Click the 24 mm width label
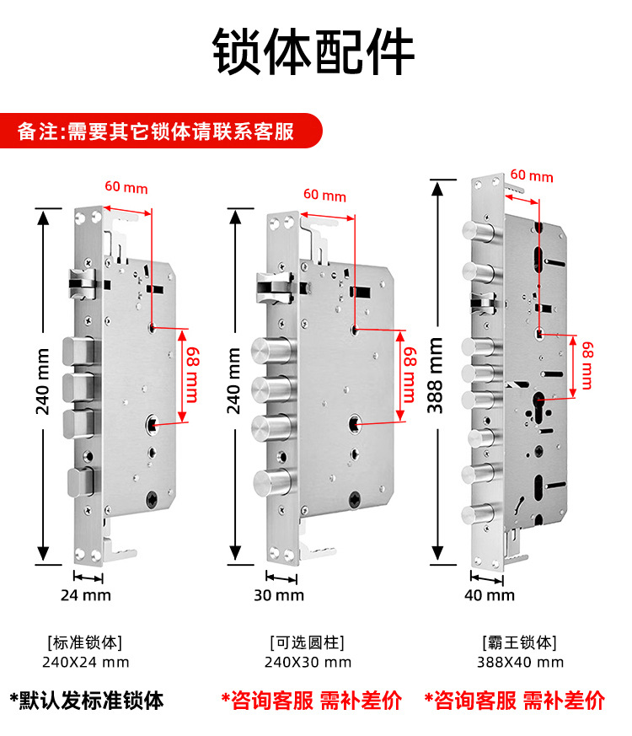[86, 595]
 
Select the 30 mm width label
[279, 595]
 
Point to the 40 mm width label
[490, 595]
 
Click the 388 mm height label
[436, 375]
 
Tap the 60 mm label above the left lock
[126, 188]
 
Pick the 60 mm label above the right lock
[532, 176]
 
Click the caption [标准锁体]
[86, 642]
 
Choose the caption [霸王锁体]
[520, 642]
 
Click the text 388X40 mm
[520, 663]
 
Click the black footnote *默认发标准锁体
[86, 701]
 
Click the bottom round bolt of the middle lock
[270, 484]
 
